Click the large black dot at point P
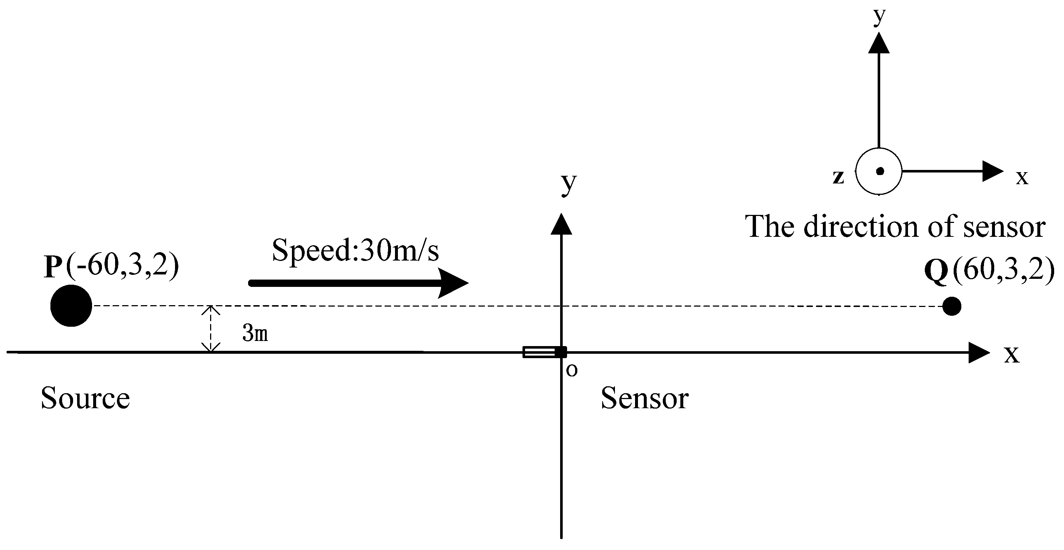point(71,306)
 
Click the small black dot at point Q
point(952,307)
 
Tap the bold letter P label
point(53,266)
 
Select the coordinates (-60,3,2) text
point(122,265)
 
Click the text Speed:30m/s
point(355,250)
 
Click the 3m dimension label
point(255,333)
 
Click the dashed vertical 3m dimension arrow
point(211,329)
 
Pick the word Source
point(85,398)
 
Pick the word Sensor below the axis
point(644,398)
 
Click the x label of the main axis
point(1012,354)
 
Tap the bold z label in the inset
point(838,177)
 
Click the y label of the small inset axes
point(879,16)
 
